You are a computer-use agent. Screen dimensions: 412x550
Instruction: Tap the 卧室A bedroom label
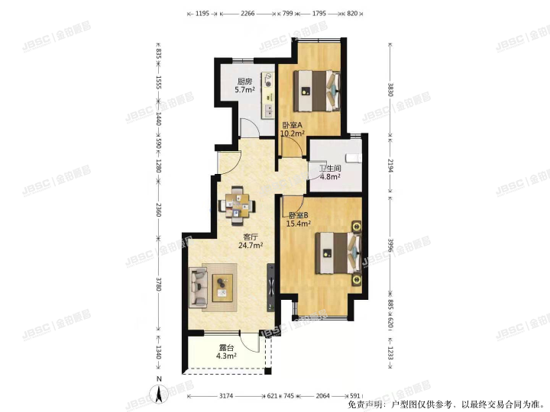coord(292,125)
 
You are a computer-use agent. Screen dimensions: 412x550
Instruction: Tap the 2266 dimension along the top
coord(247,13)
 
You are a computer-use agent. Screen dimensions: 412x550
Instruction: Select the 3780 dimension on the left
coord(159,285)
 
